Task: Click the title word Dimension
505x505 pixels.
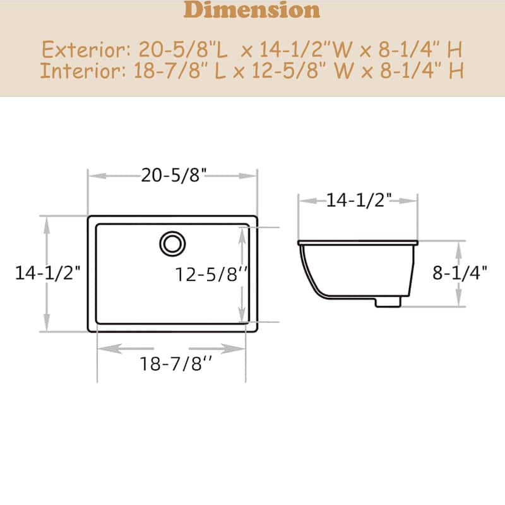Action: tap(252, 10)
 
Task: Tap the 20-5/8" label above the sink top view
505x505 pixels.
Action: tap(174, 175)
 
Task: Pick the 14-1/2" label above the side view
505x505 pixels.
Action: tap(359, 201)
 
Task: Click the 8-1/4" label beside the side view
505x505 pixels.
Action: tap(460, 273)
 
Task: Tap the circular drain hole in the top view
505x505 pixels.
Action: tap(172, 243)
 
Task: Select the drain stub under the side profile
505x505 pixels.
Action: tap(388, 302)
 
